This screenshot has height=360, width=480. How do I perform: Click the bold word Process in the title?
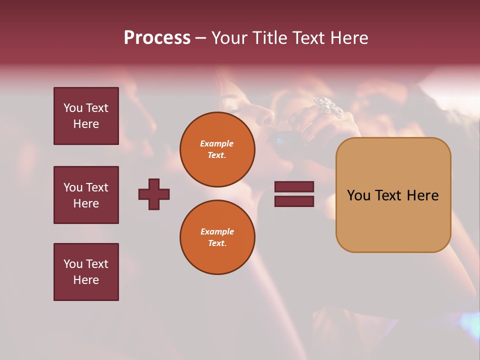click(157, 38)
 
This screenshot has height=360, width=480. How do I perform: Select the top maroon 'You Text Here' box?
click(86, 116)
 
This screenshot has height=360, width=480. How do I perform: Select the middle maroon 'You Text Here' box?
click(86, 195)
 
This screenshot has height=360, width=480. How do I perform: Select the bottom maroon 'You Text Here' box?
click(86, 272)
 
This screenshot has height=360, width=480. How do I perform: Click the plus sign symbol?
click(154, 194)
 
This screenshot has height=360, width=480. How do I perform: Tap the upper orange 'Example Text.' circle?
click(217, 149)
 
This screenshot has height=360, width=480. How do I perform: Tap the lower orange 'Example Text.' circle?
click(217, 237)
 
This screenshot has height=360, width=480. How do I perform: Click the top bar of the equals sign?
click(294, 187)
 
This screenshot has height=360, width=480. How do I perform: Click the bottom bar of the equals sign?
click(294, 201)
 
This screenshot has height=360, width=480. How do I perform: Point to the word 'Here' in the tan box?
click(422, 195)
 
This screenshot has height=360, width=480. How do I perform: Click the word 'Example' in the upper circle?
click(217, 143)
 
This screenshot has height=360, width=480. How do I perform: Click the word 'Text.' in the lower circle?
click(217, 243)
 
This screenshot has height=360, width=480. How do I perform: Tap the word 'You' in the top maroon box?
click(72, 108)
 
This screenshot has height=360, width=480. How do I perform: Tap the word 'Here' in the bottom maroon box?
click(86, 280)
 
